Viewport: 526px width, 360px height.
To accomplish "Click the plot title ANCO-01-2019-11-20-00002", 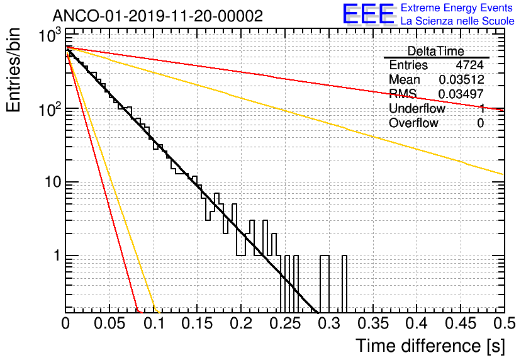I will pos(157,16).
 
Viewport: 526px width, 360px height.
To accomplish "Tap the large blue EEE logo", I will pos(368,14).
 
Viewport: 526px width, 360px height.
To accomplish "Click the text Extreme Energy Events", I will pos(457,8).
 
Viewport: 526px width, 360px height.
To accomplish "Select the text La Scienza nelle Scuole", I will pos(457,21).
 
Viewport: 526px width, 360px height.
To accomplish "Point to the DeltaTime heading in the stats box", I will pos(436,51).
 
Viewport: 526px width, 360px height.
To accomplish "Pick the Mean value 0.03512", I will pos(461,80).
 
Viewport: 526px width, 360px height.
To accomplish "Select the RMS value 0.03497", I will pos(461,94).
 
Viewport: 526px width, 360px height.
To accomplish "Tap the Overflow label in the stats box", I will pos(413,123).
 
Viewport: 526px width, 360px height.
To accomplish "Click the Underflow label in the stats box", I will pos(417,109).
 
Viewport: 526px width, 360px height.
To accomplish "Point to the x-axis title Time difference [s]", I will pos(430,346).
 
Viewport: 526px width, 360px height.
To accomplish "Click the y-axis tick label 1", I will pos(56,256).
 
